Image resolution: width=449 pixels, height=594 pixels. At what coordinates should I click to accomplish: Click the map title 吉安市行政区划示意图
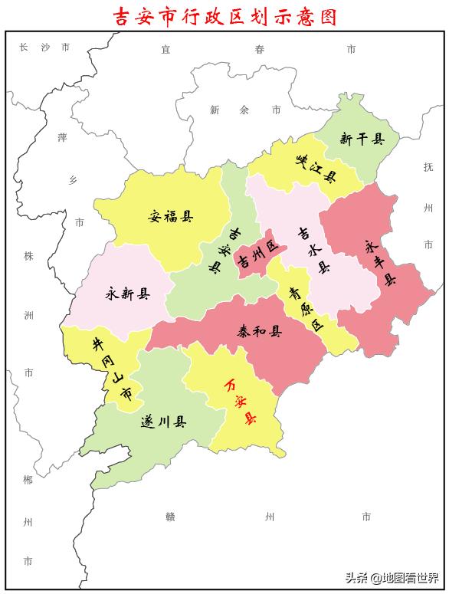tap(224, 16)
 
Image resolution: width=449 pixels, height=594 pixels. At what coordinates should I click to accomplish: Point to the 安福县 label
tap(170, 216)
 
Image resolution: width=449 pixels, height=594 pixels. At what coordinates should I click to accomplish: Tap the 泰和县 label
tap(259, 332)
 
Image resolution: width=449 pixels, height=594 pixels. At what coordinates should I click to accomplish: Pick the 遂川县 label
tap(164, 422)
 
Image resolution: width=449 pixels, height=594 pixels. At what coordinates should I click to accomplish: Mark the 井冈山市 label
tap(114, 369)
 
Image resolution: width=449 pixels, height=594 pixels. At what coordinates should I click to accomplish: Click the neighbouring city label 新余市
tap(244, 110)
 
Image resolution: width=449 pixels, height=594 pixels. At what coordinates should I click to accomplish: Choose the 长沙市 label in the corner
tap(44, 48)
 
